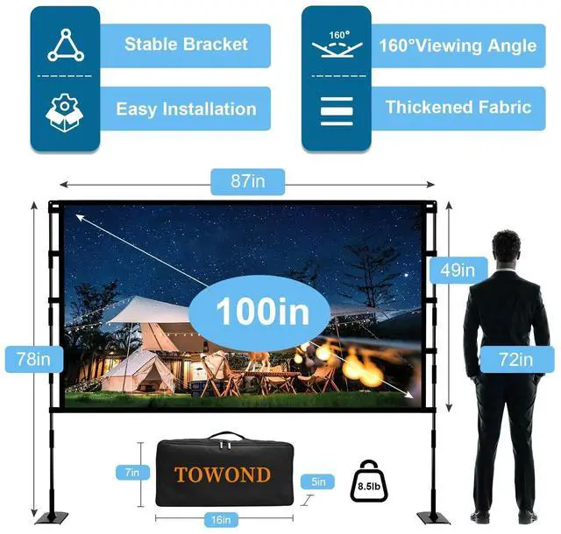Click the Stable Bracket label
185,44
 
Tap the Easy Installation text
185,109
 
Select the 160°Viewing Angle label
458,45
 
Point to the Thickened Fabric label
458,108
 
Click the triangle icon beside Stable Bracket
65,45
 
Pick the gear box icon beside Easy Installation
65,110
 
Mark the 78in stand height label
33,357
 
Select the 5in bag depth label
316,481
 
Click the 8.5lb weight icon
368,481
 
